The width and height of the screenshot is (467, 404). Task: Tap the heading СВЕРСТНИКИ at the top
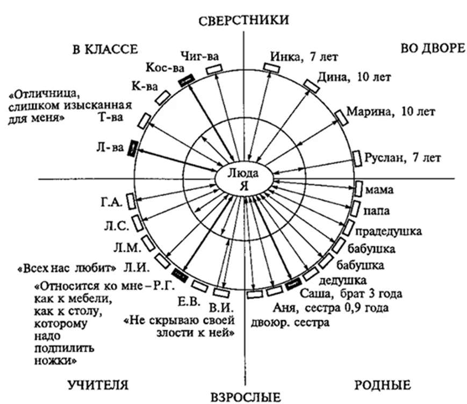243,20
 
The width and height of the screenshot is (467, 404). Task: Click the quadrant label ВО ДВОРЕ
432,48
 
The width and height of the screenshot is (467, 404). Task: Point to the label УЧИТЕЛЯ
98,385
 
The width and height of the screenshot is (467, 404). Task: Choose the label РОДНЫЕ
382,385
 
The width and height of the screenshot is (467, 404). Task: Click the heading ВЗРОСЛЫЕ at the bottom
245,397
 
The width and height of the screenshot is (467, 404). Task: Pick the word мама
376,190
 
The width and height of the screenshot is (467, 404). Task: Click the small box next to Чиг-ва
213,69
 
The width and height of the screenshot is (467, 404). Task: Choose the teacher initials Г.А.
112,202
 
